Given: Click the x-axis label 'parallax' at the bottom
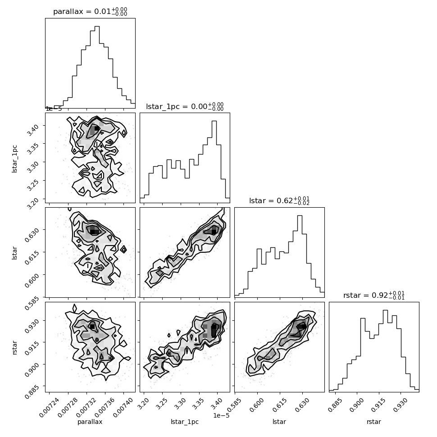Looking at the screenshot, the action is click(x=90, y=422).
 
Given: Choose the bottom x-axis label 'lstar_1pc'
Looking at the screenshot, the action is click(x=185, y=422).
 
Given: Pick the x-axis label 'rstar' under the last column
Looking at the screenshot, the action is click(x=374, y=422).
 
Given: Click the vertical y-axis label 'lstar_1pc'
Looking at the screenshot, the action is click(x=14, y=159).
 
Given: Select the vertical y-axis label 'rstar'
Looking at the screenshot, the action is click(x=14, y=347).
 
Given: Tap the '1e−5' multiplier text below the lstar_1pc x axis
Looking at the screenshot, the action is click(x=221, y=415).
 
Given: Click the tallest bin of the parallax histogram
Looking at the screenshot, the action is click(x=97, y=67).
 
